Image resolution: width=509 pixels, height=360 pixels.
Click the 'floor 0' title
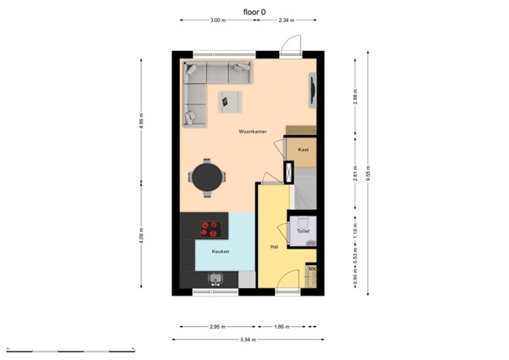254,10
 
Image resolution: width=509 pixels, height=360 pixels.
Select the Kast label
303,149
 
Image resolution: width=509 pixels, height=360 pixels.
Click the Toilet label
303,230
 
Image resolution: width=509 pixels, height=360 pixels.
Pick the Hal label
274,247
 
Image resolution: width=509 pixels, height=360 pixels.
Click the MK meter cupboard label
311,270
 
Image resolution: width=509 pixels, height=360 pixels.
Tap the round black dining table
208,177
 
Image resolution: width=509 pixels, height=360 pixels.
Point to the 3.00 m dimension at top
218,20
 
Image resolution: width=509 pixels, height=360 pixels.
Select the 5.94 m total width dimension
249,339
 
